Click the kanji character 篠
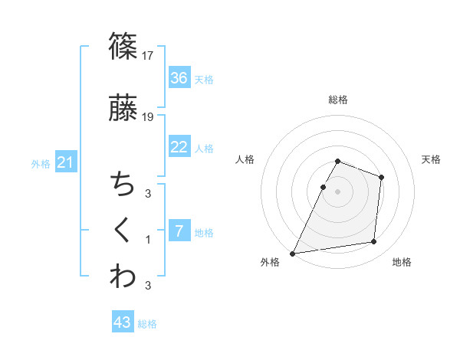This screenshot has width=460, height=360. pos(123,46)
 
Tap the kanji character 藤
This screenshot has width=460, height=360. pos(123,108)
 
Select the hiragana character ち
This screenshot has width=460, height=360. pos(123,185)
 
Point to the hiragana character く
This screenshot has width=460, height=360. pos(123,230)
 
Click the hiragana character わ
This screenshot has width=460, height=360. pos(123,277)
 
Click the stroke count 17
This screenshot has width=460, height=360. pos(149,55)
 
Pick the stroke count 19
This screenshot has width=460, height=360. pos(149,117)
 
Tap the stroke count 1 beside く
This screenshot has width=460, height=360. pos(149,240)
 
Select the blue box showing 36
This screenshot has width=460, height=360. pos(179,77)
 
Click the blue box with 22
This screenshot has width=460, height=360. pos(179,147)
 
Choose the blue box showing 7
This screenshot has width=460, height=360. pos(179,231)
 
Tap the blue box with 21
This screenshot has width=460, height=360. pos(66,162)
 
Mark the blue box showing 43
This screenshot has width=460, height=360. pos(123,322)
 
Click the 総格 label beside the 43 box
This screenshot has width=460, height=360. pos(147,324)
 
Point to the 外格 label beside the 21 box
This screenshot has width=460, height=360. pos(40,164)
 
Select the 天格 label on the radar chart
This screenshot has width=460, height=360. pos(432,159)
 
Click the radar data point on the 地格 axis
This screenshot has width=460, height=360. pos(374,242)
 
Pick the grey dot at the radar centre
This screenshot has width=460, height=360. pos(338,191)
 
